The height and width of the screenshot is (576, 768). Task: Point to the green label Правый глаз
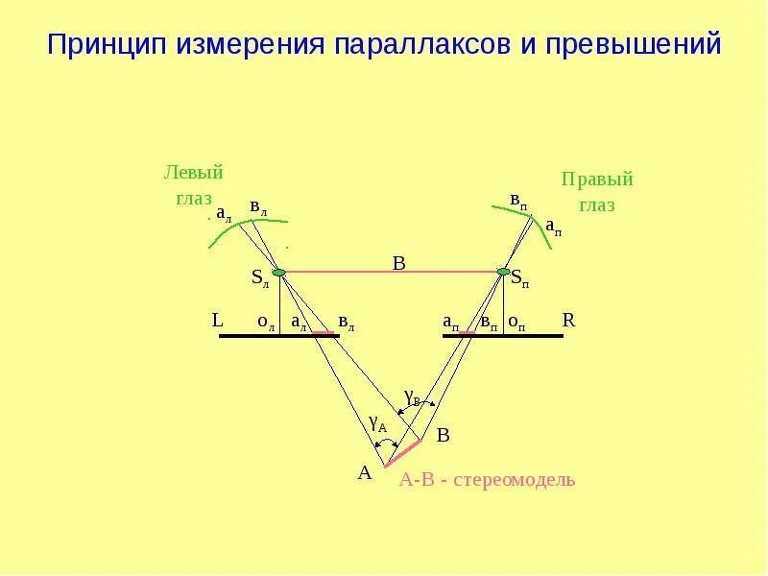coord(597,192)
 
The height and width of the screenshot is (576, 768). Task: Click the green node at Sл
coord(278,273)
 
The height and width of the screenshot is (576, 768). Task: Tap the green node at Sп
coord(505,273)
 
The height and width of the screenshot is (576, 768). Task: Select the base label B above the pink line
coord(398,263)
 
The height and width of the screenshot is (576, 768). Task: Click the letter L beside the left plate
coord(217,321)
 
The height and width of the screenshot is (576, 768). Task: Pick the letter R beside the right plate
coord(568,321)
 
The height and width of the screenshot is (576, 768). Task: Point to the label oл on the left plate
coord(266,324)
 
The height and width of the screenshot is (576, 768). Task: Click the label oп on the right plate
coord(516,324)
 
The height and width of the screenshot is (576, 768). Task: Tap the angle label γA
coord(377,422)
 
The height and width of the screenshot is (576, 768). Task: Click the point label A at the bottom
coord(365,472)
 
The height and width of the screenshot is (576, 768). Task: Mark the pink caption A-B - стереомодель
coord(487,479)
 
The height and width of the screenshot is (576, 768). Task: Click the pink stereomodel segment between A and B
coord(403,453)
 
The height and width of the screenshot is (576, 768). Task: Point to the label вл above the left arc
coord(258,206)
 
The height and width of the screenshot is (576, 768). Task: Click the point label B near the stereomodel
coord(443,436)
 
